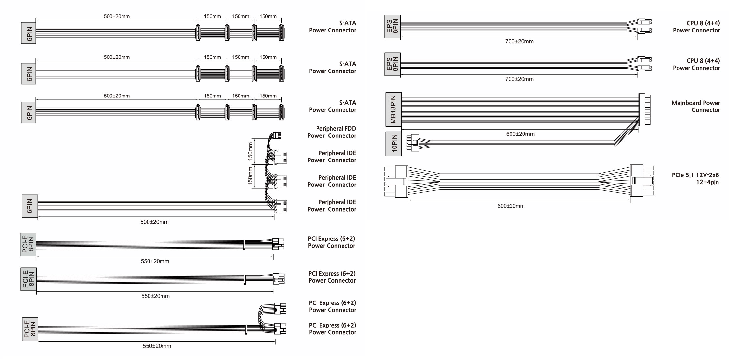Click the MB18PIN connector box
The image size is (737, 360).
pyautogui.click(x=393, y=109)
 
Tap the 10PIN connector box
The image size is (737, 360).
pyautogui.click(x=394, y=144)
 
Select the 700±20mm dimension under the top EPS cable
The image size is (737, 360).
pyautogui.click(x=519, y=41)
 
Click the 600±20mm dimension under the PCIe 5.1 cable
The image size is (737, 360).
pyautogui.click(x=511, y=206)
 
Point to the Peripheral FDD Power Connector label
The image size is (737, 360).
pyautogui.click(x=332, y=132)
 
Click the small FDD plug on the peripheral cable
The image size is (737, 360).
pyautogui.click(x=276, y=135)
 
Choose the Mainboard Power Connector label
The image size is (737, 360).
pyautogui.click(x=695, y=107)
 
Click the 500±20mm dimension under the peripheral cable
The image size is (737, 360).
pyautogui.click(x=154, y=222)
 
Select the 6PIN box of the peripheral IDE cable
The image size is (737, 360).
pyautogui.click(x=30, y=206)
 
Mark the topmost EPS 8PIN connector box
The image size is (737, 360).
pyautogui.click(x=392, y=26)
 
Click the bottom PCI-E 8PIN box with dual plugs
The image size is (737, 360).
pyautogui.click(x=30, y=329)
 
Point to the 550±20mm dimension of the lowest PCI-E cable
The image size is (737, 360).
pyautogui.click(x=157, y=346)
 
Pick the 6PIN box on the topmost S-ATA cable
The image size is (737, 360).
pyautogui.click(x=29, y=33)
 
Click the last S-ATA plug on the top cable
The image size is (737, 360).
pyautogui.click(x=281, y=33)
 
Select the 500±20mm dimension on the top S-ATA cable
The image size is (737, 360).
pyautogui.click(x=117, y=16)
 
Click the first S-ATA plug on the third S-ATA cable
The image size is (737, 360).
pyautogui.click(x=197, y=112)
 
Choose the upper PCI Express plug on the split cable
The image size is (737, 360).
pyautogui.click(x=279, y=308)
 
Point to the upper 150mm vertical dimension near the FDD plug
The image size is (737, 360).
pyautogui.click(x=250, y=151)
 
